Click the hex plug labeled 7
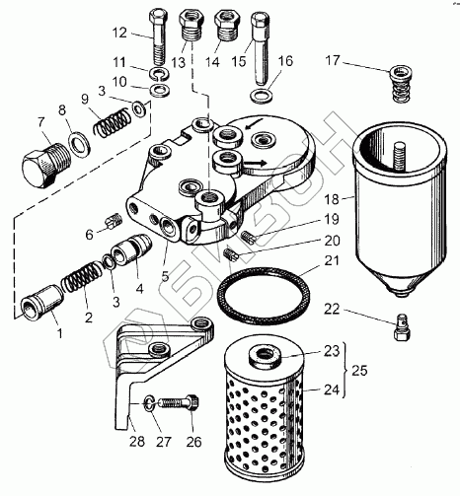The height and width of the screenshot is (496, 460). (x=45, y=166)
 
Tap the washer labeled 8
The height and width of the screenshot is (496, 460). (x=79, y=144)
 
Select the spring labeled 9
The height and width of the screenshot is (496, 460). (x=112, y=122)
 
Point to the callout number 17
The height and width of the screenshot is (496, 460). (x=333, y=60)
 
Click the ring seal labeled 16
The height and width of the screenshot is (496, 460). (x=262, y=96)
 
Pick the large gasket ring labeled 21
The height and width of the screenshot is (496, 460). (x=264, y=293)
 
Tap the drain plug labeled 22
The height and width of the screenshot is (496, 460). (x=402, y=327)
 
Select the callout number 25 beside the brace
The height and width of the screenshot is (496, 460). (x=359, y=371)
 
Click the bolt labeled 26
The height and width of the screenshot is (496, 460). (x=180, y=402)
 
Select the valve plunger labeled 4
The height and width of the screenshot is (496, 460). (x=131, y=249)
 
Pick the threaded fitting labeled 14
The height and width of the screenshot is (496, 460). (x=225, y=27)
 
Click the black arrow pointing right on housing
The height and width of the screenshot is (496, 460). (x=254, y=163)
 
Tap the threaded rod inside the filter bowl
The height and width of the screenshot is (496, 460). (x=399, y=157)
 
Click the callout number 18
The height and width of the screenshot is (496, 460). (x=332, y=198)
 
